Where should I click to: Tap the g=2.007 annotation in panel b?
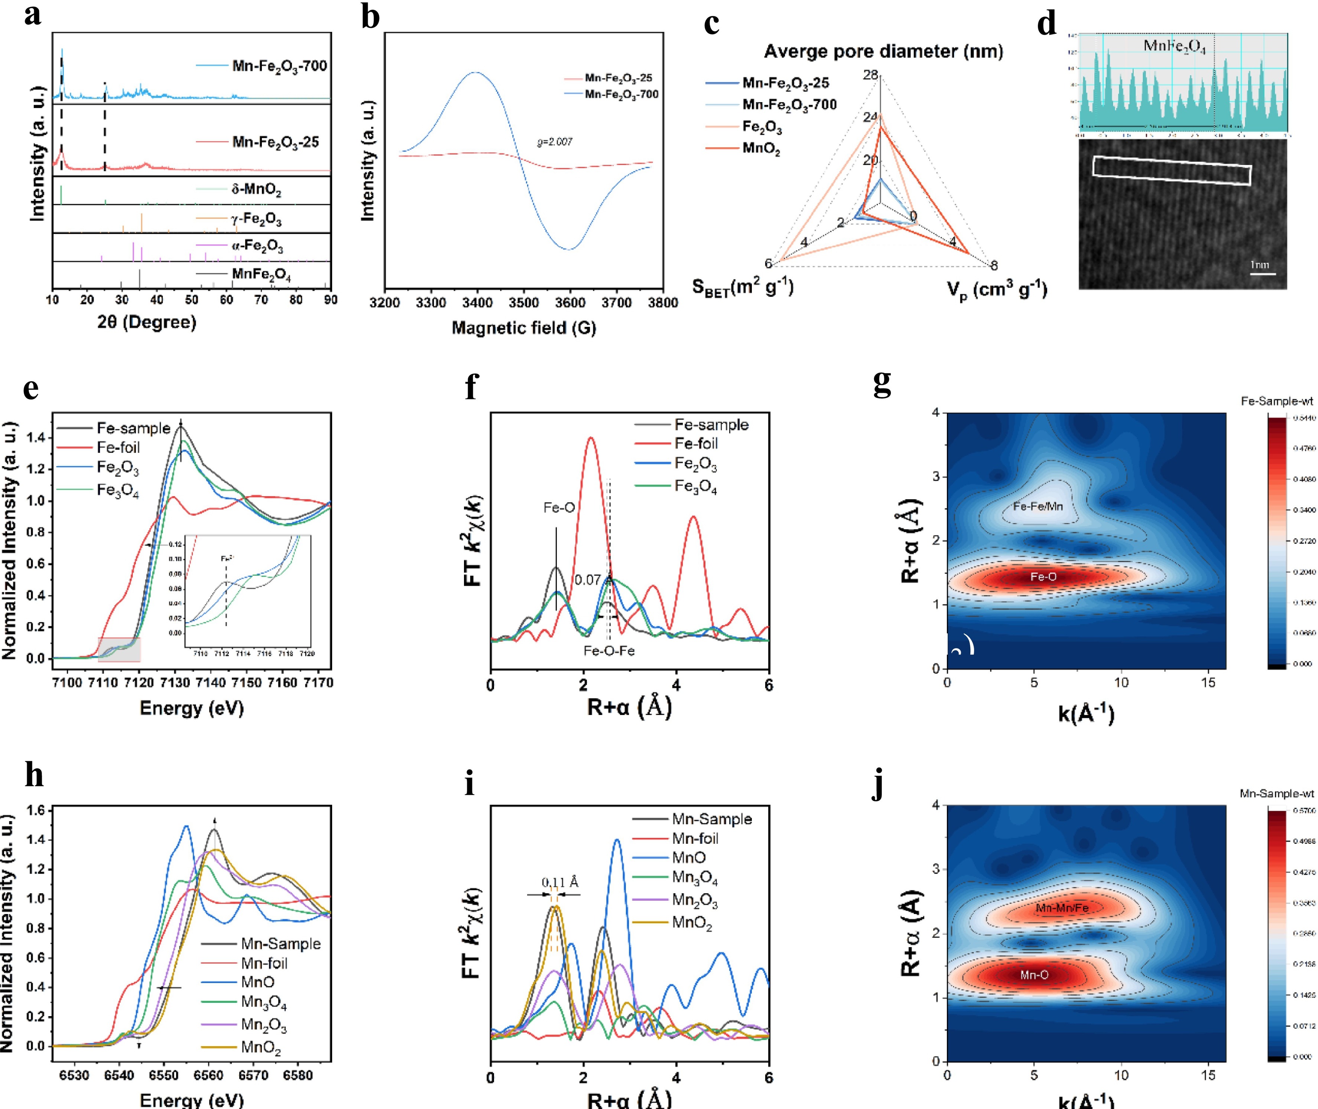(x=554, y=142)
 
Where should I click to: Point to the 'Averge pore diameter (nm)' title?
(x=883, y=52)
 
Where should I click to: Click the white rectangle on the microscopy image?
(x=1172, y=170)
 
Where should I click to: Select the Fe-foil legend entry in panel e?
(x=118, y=448)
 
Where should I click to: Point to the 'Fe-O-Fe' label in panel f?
(x=609, y=651)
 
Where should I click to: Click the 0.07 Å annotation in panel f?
(x=588, y=580)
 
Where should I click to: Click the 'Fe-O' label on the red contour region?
(x=1043, y=576)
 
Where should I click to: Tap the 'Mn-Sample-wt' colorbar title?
(x=1276, y=794)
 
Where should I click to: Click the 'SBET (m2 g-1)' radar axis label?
(x=742, y=288)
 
